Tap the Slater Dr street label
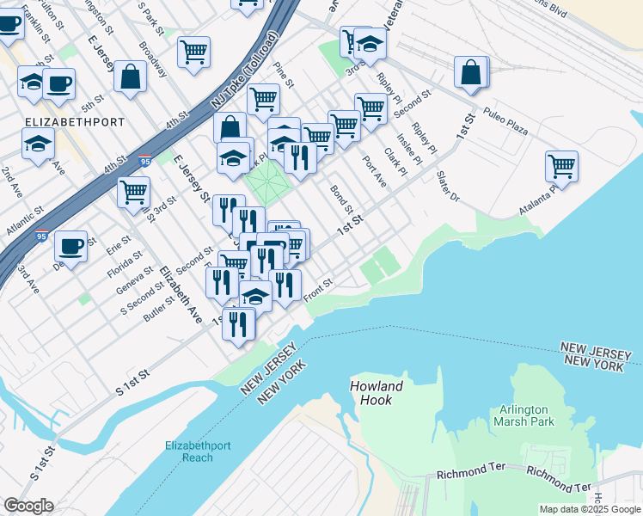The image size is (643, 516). click(x=448, y=186)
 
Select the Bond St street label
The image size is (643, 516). click(x=342, y=199)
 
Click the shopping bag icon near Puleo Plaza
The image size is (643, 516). click(x=472, y=74)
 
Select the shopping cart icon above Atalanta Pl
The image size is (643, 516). click(x=561, y=167)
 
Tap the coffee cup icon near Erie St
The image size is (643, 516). click(x=70, y=246)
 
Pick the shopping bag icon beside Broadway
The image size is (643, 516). click(x=130, y=77)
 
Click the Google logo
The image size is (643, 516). click(x=28, y=506)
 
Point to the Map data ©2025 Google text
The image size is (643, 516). click(x=589, y=509)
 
